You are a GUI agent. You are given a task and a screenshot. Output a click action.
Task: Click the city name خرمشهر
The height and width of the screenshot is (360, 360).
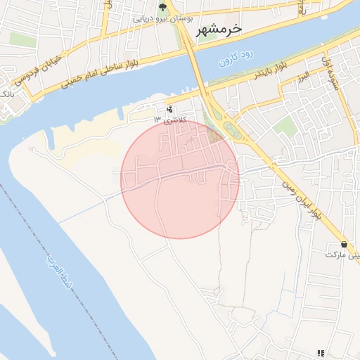pyautogui.click(x=215, y=28)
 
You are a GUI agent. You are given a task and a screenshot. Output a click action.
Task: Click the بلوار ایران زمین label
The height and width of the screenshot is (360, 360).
pyautogui.click(x=297, y=200)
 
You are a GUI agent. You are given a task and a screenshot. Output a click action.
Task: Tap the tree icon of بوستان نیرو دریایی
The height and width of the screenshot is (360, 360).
pyautogui.click(x=163, y=8)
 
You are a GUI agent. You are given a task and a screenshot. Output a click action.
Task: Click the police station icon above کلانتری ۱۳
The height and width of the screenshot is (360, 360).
pyautogui.click(x=169, y=109)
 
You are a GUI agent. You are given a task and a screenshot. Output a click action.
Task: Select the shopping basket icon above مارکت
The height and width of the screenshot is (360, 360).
pyautogui.click(x=343, y=244)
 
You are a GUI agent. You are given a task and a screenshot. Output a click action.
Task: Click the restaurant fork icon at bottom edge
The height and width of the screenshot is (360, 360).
pyautogui.click(x=321, y=353)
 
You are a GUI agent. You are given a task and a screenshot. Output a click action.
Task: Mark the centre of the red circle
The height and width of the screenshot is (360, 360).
pyautogui.click(x=180, y=179)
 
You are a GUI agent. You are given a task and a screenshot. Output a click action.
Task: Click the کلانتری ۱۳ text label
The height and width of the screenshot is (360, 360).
pyautogui.click(x=167, y=120)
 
